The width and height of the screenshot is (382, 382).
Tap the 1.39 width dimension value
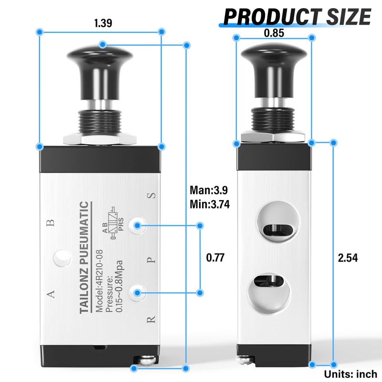pyautogui.click(x=100, y=23)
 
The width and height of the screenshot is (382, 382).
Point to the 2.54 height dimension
pyautogui.click(x=348, y=258)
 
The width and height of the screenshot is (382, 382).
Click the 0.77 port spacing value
pyautogui.click(x=215, y=258)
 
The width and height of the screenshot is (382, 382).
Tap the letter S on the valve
pyautogui.click(x=151, y=195)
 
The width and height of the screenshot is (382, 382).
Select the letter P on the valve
pyautogui.click(x=151, y=261)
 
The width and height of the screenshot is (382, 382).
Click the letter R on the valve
pyautogui.click(x=151, y=319)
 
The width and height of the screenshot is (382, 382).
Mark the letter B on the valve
pyautogui.click(x=51, y=222)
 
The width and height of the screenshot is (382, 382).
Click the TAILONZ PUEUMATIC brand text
pyautogui.click(x=83, y=258)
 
